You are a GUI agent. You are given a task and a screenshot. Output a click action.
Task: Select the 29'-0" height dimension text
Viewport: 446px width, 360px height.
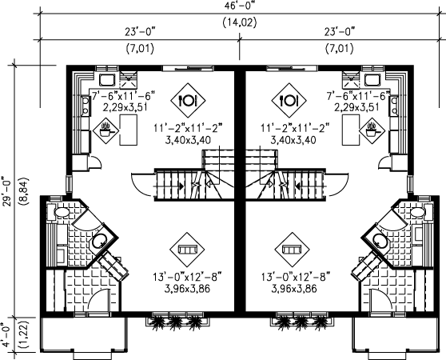point(8,192)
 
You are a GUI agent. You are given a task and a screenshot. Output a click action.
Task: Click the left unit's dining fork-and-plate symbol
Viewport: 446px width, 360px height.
point(188,100)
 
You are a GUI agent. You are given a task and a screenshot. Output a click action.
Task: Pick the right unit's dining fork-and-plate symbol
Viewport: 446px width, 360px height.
point(289,100)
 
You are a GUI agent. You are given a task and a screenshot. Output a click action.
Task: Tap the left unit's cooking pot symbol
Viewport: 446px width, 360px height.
point(106,130)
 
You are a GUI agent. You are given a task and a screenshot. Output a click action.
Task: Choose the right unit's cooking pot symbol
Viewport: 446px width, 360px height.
point(372,130)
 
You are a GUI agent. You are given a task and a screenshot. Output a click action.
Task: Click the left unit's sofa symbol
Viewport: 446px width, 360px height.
point(187,250)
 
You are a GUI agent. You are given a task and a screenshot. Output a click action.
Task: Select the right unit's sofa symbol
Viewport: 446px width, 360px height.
point(292,250)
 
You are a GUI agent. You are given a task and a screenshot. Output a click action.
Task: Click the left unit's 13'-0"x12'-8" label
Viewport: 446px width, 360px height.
point(187,278)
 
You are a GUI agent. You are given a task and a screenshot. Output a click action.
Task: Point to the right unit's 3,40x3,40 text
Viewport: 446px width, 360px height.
point(293,140)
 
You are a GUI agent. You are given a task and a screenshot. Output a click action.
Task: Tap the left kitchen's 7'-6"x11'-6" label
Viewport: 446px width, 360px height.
point(123,96)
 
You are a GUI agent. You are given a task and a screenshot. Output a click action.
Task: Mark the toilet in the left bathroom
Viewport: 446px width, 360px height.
point(62,212)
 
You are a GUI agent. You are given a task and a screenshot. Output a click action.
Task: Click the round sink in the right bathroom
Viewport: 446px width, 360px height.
point(380,242)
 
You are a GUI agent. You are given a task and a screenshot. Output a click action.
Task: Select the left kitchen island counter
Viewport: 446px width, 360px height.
point(128,130)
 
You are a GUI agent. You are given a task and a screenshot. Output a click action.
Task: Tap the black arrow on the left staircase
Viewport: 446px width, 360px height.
point(181,186)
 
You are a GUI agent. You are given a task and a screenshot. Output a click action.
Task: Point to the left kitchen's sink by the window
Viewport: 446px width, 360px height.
point(107,80)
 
